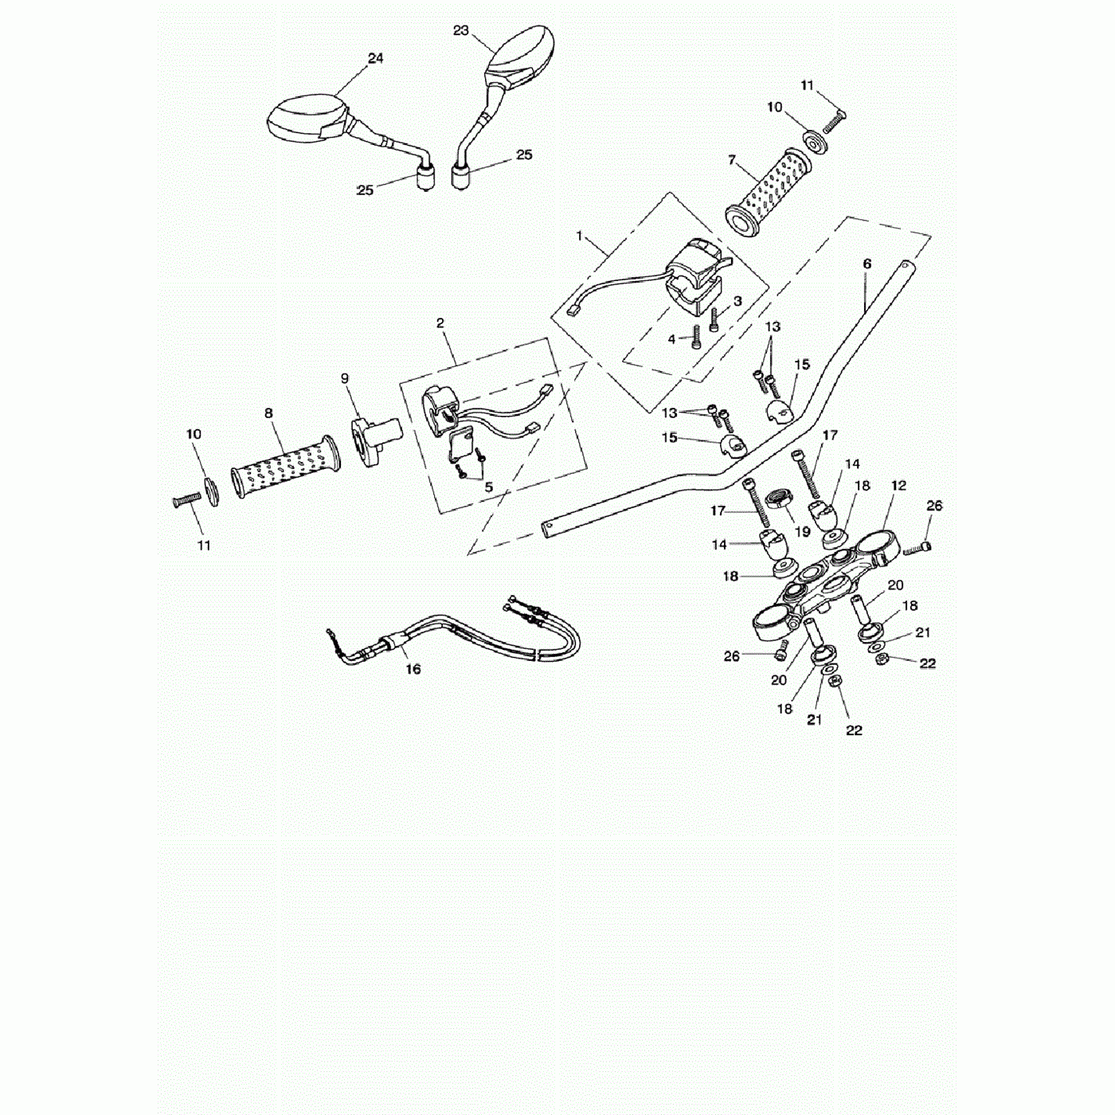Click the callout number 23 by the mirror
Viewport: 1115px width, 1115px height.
460,30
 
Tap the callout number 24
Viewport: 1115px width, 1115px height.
375,58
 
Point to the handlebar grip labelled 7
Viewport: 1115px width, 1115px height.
768,191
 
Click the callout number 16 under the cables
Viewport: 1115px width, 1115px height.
413,669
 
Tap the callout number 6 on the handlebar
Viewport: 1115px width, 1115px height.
867,264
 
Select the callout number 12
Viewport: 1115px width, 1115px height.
898,485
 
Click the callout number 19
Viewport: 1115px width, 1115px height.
802,531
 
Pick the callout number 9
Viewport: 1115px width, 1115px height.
345,378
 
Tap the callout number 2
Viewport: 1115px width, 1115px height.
440,323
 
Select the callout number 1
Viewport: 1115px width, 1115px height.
579,236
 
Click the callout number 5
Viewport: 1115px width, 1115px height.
488,487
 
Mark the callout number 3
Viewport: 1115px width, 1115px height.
737,301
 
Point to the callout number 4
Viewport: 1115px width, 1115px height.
671,339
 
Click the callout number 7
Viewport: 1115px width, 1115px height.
732,160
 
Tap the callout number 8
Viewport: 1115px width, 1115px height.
268,413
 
